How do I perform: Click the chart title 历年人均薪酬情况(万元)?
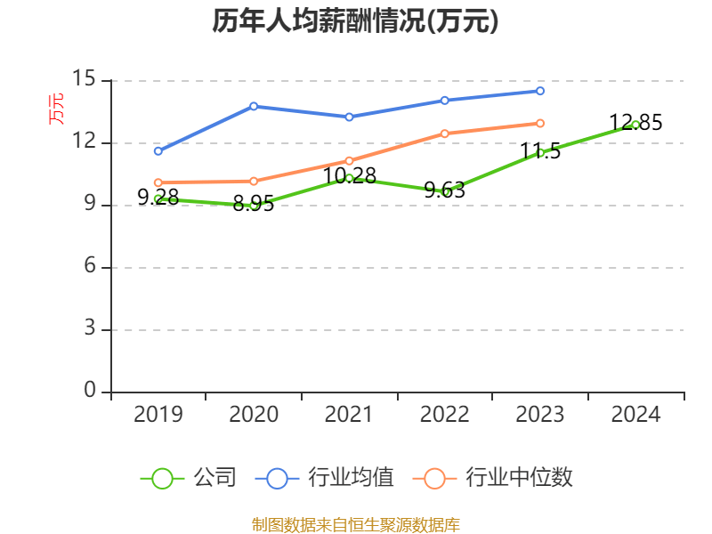point(355,21)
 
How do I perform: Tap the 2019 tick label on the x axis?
point(158,414)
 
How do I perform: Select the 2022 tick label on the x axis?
point(444,414)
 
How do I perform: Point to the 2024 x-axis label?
point(635,414)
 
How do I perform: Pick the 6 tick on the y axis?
point(90,267)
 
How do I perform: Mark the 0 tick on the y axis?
point(90,392)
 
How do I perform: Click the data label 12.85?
point(635,123)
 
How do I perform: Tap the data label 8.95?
point(254,205)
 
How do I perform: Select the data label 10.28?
point(350,176)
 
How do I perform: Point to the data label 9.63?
point(444,190)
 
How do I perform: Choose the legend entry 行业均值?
point(325,478)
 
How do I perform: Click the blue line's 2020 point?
point(254,106)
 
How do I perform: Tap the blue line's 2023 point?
point(540,91)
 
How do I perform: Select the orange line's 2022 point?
point(444,133)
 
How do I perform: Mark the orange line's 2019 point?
point(158,182)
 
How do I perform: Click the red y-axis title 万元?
point(55,109)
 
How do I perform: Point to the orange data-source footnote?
point(355,524)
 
